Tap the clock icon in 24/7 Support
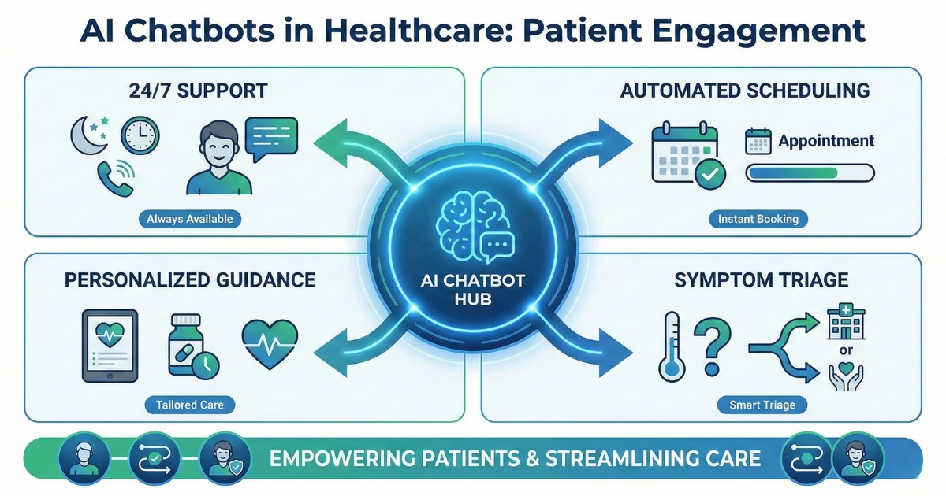pos(140,135)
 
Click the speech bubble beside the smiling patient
pos(270,137)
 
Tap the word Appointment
pos(826,142)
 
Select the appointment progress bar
pos(810,172)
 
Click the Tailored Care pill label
pos(189,405)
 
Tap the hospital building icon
pos(846,321)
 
